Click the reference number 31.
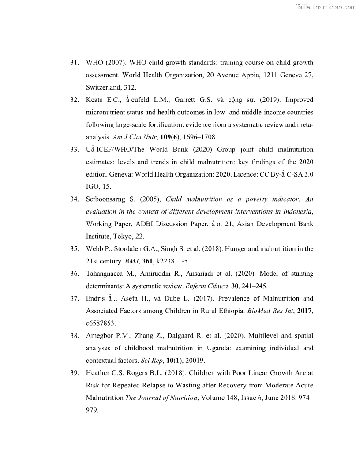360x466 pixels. point(74,63)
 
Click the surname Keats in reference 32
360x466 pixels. point(95,100)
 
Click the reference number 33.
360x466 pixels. point(74,149)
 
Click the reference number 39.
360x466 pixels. point(74,373)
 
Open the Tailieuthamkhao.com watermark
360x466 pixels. point(326,7)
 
